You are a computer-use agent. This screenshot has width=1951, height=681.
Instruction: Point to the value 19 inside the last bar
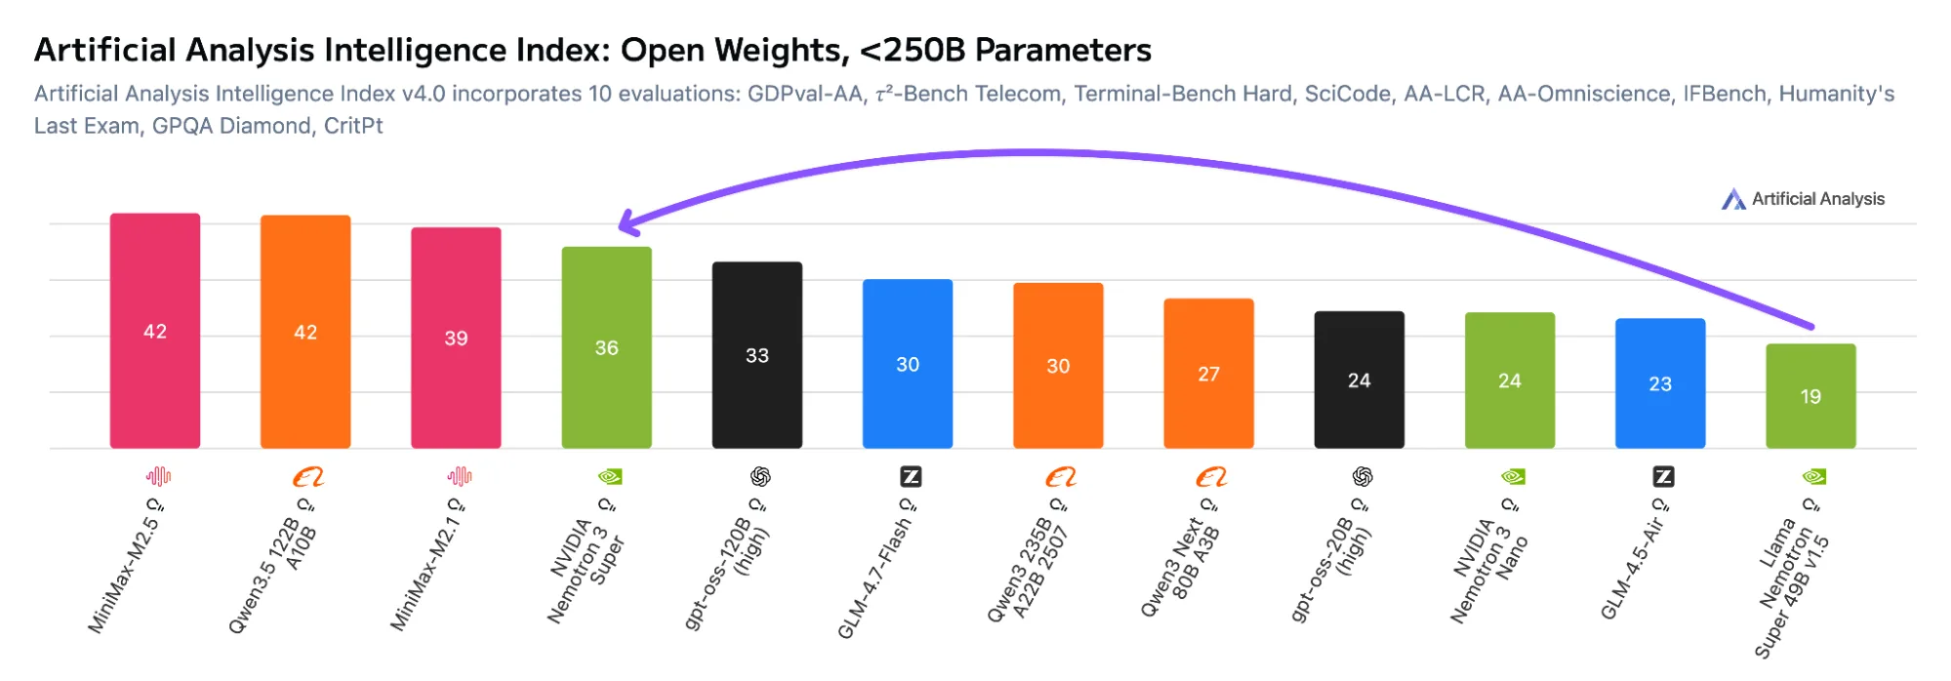click(1810, 397)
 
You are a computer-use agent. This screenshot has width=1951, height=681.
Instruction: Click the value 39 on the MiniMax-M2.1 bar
click(456, 339)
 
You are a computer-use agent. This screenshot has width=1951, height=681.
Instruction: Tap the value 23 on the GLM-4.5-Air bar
click(1660, 384)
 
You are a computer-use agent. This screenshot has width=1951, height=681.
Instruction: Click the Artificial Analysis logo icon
click(1733, 199)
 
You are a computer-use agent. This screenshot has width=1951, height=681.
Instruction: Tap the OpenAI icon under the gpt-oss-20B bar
click(1362, 477)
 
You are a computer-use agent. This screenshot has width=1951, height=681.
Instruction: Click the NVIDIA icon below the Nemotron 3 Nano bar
click(1513, 477)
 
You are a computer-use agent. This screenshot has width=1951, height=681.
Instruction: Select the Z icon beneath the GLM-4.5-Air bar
click(1663, 477)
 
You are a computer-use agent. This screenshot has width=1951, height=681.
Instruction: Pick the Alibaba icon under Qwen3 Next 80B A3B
click(1211, 477)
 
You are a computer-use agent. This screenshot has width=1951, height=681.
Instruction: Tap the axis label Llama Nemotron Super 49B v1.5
click(1792, 585)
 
